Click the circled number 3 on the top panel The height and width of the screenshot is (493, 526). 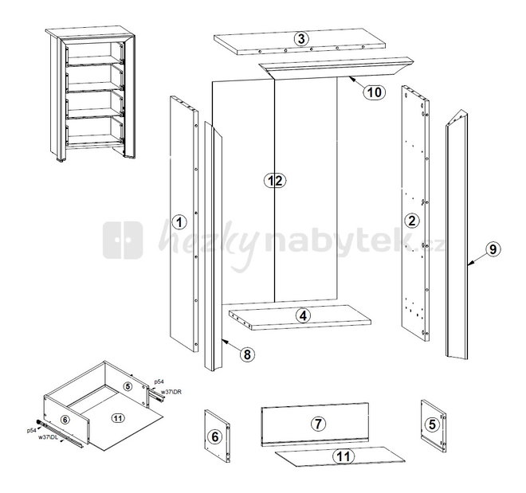(301, 39)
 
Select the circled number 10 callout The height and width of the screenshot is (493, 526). (375, 92)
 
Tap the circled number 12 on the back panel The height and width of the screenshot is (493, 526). (275, 181)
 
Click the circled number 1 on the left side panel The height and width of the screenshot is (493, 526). (179, 222)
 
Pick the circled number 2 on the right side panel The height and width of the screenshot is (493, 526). (411, 221)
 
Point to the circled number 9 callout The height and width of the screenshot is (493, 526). (493, 249)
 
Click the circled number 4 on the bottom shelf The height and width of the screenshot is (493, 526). (304, 315)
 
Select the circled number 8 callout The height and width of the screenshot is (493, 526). (247, 354)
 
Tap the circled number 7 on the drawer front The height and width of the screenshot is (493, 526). (318, 424)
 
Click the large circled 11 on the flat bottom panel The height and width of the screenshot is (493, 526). (343, 456)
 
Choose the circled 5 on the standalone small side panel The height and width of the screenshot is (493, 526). (432, 425)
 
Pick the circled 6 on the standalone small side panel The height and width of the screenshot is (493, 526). (215, 436)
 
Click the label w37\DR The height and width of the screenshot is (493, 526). (171, 392)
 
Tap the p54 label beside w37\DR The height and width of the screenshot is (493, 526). (159, 381)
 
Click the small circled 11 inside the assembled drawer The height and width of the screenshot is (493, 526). (118, 418)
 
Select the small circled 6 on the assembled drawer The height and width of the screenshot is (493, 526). (65, 419)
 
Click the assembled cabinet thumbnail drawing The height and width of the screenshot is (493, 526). (90, 93)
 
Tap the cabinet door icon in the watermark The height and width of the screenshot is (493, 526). (123, 240)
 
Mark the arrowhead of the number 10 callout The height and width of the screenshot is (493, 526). (350, 78)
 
